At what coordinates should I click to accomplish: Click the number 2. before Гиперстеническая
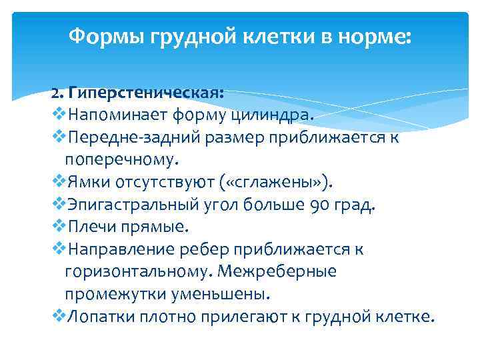point(59,93)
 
